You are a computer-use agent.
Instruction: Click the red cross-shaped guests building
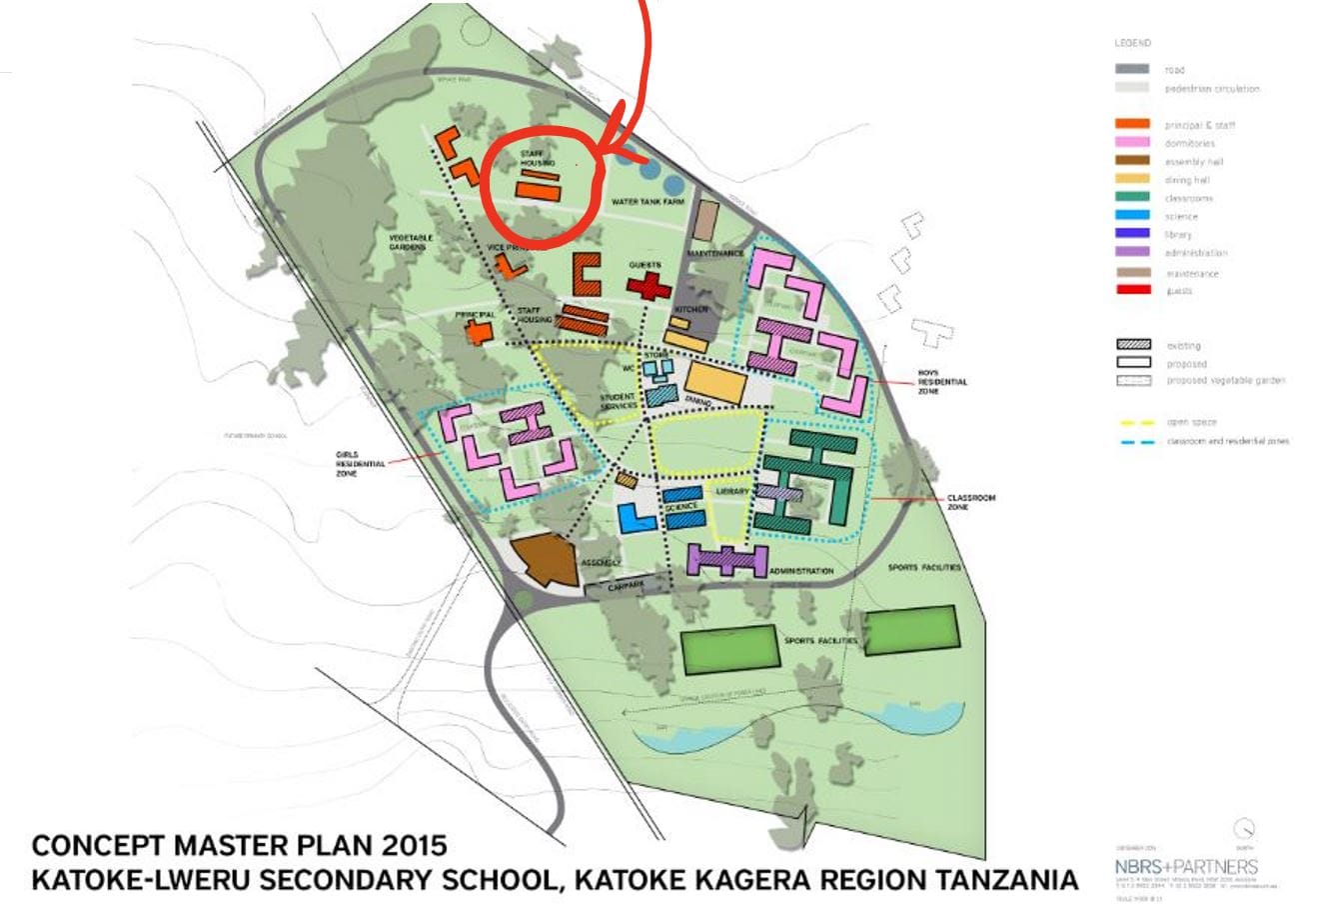648,286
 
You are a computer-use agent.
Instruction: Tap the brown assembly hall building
547,559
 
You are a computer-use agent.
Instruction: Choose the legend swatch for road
1132,69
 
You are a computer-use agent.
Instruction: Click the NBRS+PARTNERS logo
1185,866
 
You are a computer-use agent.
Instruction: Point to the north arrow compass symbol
1244,829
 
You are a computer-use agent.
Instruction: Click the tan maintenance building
706,220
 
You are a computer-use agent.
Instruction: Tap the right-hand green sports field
911,632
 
